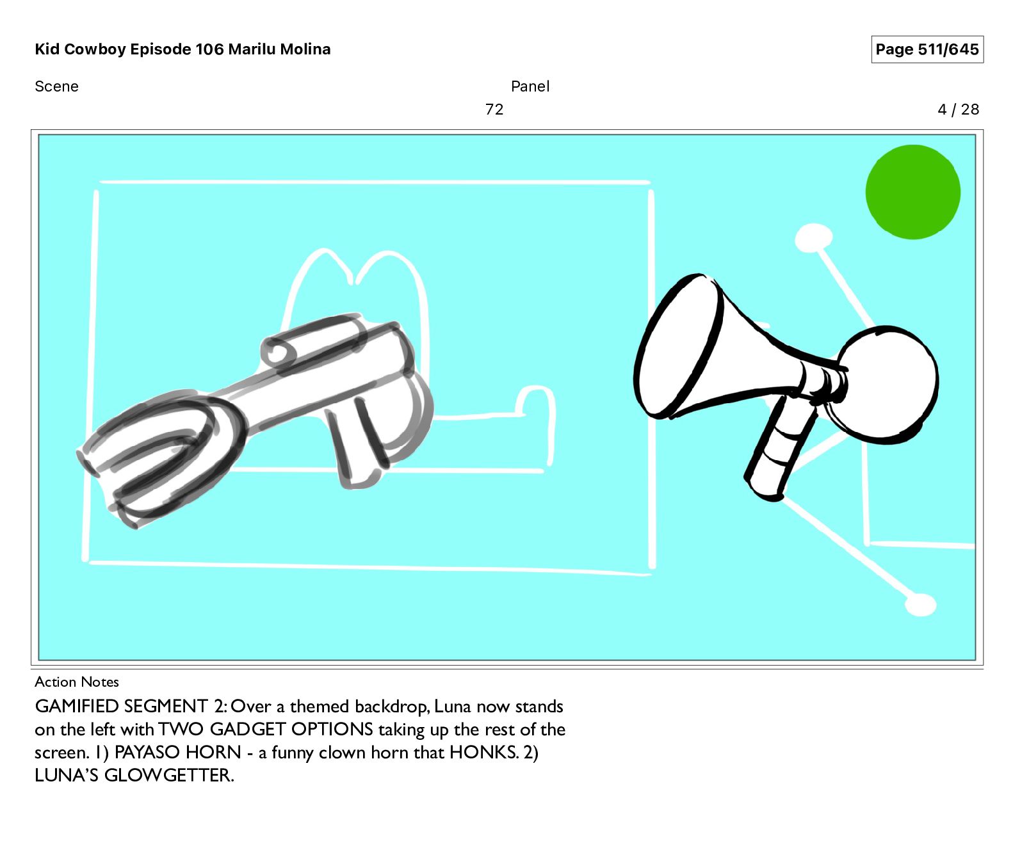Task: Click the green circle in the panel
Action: coord(912,192)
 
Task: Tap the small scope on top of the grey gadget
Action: coord(314,339)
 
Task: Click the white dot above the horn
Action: coord(813,238)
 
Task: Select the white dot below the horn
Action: coord(921,604)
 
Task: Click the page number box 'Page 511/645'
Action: coord(927,49)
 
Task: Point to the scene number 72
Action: coord(494,109)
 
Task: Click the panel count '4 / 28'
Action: coord(959,109)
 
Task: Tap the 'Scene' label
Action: coord(56,86)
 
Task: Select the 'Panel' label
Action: coord(530,86)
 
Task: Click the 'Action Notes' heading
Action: coord(77,682)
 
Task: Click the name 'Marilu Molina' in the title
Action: coord(279,49)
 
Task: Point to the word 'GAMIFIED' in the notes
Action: coord(77,706)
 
